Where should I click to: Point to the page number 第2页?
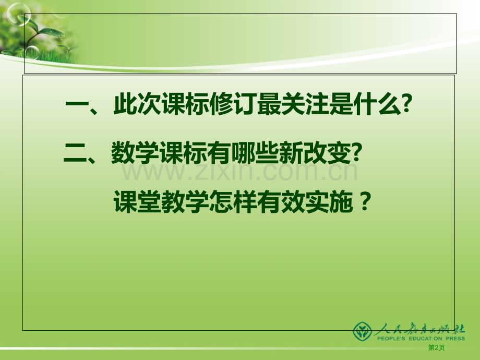point(437,349)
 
